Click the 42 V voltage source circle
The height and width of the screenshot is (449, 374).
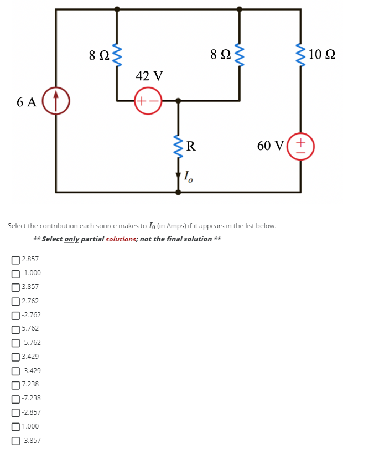[x=147, y=101]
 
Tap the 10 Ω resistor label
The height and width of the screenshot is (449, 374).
[x=322, y=54]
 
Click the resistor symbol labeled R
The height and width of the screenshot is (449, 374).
[x=178, y=146]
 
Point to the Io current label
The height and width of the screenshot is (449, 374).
[x=188, y=178]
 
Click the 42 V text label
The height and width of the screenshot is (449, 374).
[x=149, y=75]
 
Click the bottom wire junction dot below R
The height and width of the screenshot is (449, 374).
[x=178, y=193]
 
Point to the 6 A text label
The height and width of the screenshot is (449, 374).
[x=26, y=101]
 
